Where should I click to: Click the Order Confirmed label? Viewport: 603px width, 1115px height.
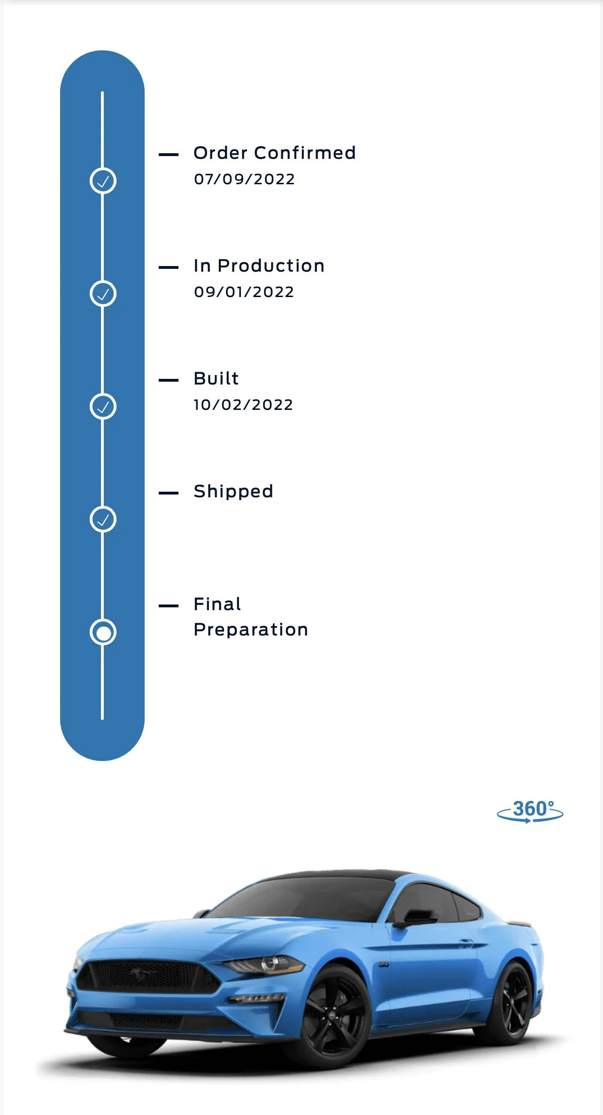point(275,153)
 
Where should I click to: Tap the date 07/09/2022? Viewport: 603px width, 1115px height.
point(244,179)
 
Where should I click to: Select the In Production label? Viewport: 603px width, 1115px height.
point(259,266)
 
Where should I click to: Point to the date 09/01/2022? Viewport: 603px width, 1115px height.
point(244,292)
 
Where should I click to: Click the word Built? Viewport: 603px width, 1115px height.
point(216,378)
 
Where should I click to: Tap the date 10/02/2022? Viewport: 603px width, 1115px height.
point(243,405)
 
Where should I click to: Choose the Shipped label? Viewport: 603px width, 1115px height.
point(233,492)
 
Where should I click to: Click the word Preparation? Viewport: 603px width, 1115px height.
point(251,630)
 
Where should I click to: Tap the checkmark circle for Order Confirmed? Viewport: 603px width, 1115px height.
point(103,181)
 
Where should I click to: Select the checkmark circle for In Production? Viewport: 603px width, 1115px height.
point(103,294)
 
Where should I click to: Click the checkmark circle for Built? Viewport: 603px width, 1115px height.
point(103,407)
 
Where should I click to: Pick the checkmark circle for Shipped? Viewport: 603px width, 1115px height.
point(103,519)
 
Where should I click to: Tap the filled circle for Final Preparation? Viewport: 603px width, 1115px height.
point(103,632)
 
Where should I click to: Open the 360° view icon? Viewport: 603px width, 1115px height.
point(530,811)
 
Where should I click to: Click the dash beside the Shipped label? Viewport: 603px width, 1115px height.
point(169,493)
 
